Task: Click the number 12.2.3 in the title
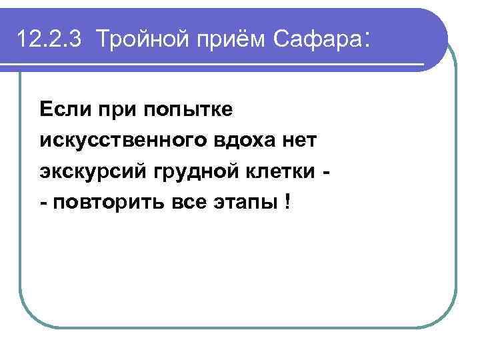pyautogui.click(x=50, y=40)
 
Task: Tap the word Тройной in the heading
pyautogui.click(x=135, y=40)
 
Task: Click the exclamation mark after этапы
pyautogui.click(x=287, y=204)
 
